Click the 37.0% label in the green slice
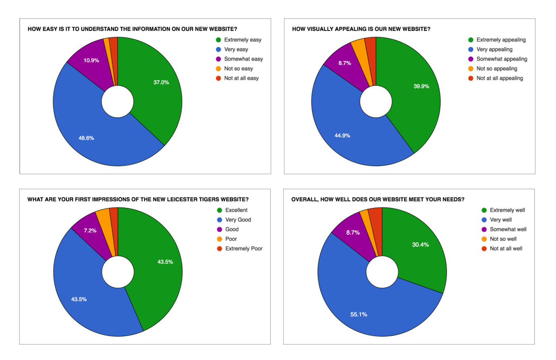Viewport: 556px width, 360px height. tap(161, 83)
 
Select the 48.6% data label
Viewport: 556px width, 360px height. tap(86, 138)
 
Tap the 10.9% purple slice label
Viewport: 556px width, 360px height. tap(91, 61)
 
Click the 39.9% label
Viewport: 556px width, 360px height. tap(421, 87)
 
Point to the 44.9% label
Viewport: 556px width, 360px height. tap(342, 136)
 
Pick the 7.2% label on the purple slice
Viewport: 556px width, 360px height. tap(90, 231)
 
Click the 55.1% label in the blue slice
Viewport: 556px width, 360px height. tap(359, 314)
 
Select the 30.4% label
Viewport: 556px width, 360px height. tap(421, 245)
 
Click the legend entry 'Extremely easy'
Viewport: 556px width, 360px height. tap(243, 40)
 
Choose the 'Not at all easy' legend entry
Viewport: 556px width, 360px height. tap(241, 78)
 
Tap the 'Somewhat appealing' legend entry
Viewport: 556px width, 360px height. tap(502, 59)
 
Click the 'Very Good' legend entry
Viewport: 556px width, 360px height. tap(238, 220)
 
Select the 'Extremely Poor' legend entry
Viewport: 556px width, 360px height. tap(244, 249)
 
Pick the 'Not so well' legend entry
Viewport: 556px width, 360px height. tap(503, 239)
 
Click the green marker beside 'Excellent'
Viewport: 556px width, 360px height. tap(219, 210)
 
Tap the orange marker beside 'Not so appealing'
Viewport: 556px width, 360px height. tap(471, 69)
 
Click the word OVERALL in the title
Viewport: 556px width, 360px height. tap(304, 199)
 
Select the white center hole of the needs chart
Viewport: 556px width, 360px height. tap(382, 272)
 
